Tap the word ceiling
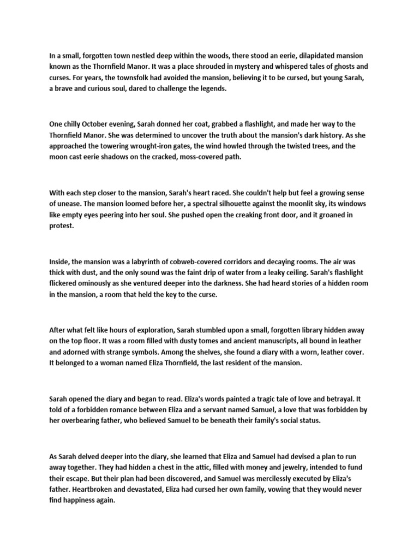[296, 273]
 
